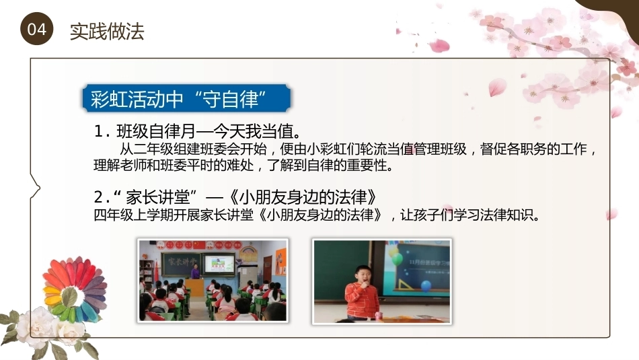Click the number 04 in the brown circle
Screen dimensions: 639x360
coord(37,30)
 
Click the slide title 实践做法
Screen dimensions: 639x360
coord(107,32)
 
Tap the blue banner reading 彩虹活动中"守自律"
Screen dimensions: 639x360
coord(186,98)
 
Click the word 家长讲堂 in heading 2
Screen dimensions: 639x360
coord(157,197)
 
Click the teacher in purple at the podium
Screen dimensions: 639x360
coord(196,271)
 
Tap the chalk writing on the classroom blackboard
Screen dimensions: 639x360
coord(181,261)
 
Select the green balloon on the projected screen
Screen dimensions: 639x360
coord(397,258)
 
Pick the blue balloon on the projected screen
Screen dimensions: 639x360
coord(426,286)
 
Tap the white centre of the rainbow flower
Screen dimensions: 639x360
coord(70,296)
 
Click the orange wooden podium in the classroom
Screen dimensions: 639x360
coord(194,287)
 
